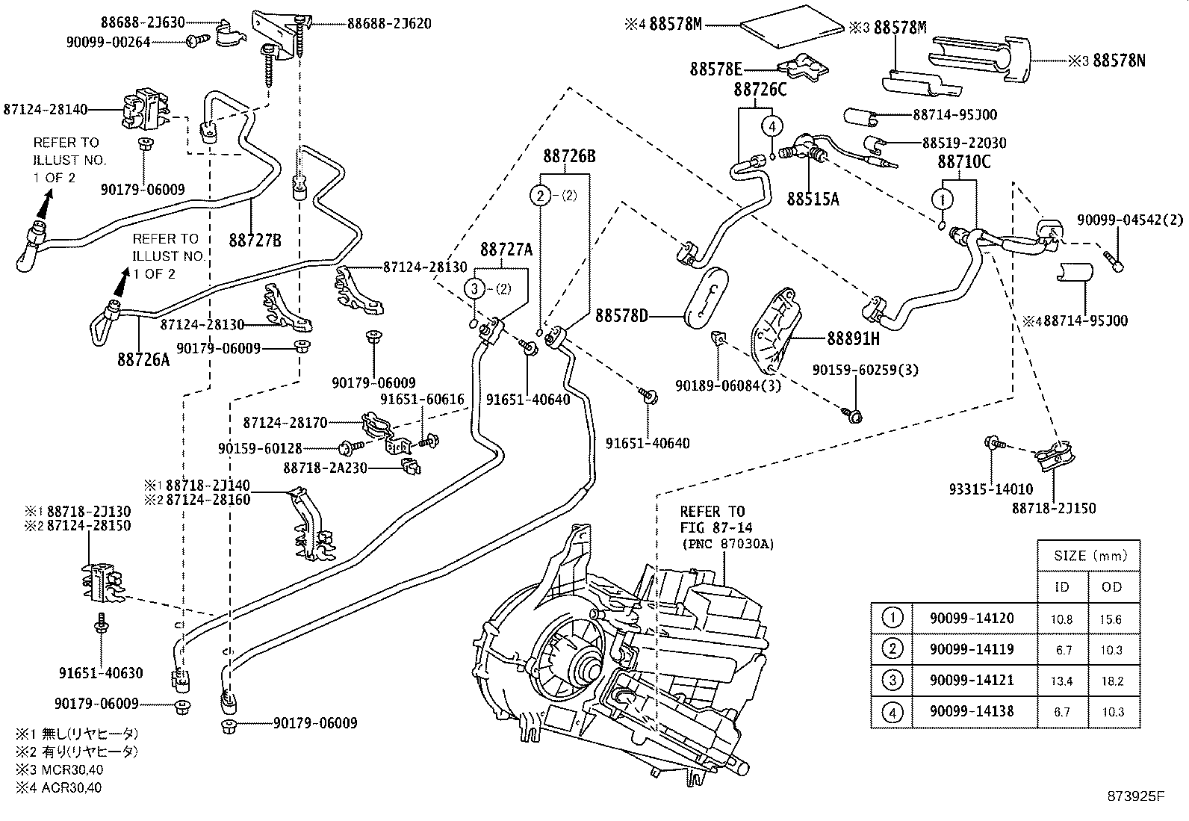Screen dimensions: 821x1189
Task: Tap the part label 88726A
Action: [143, 359]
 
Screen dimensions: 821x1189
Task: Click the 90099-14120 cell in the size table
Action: [972, 618]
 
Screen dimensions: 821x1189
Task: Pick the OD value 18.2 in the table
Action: [1111, 681]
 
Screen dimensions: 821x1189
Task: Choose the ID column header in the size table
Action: [1062, 586]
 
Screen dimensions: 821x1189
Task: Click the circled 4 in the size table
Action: [892, 712]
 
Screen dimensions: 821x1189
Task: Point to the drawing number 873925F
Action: [1136, 796]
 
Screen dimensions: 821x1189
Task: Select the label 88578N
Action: [1118, 61]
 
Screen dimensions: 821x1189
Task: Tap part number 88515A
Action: [813, 199]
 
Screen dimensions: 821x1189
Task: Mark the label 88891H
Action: [853, 338]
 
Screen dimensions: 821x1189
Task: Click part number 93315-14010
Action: [991, 489]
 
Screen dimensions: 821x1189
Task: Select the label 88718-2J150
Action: [1054, 508]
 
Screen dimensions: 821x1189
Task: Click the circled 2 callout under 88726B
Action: [539, 196]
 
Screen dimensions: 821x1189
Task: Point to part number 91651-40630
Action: [101, 672]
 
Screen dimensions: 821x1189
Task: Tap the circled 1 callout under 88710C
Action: [943, 199]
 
